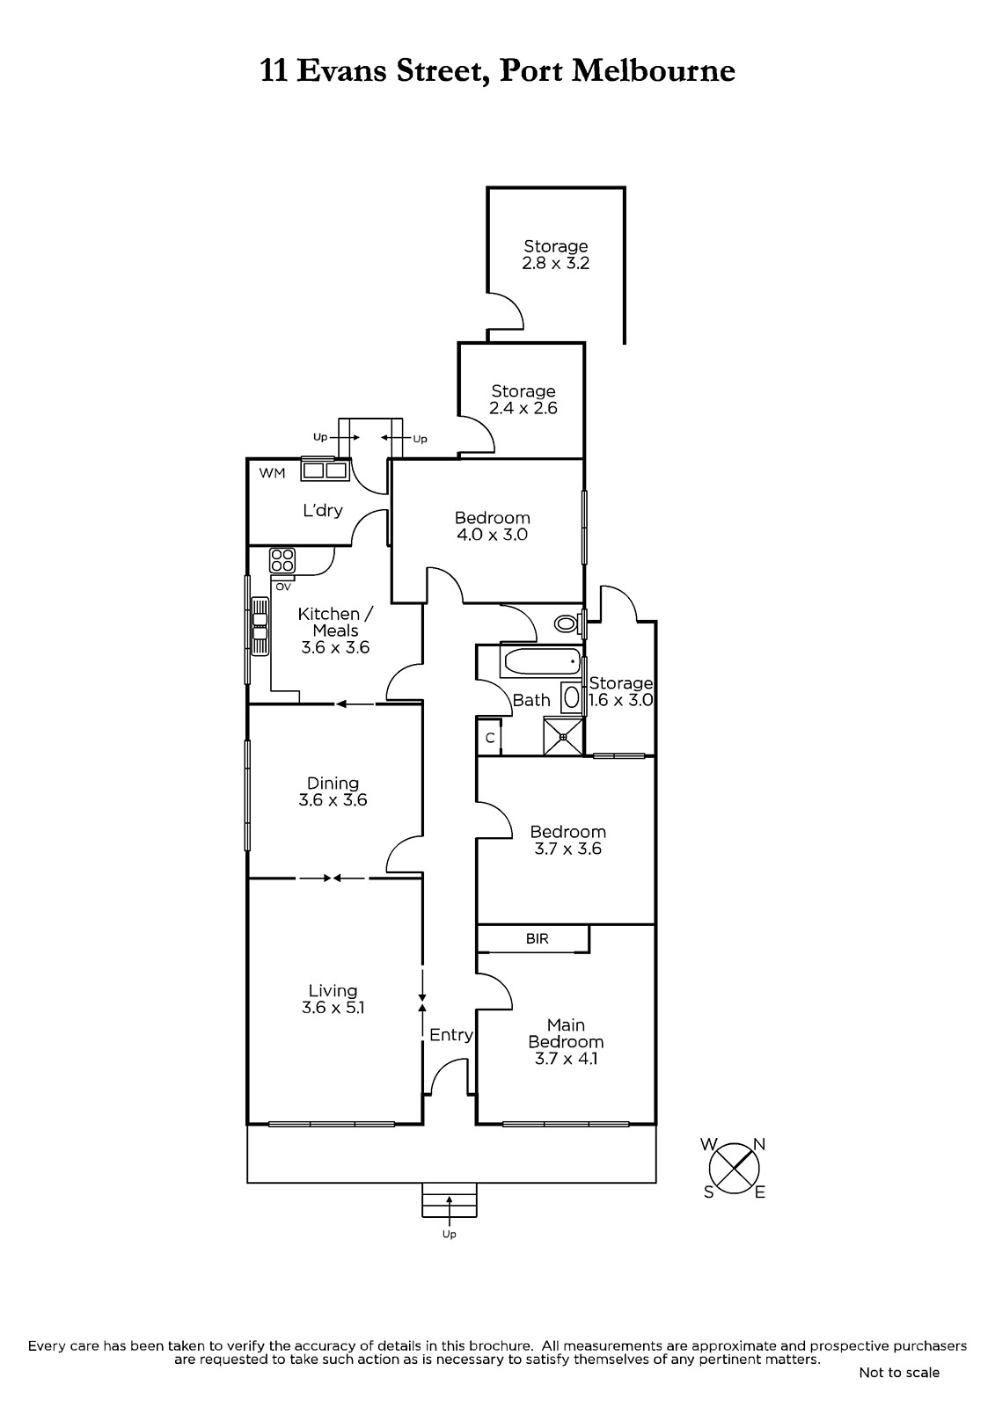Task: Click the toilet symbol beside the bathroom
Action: coord(567,623)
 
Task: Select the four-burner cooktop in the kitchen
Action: coord(282,560)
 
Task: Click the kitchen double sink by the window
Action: coord(260,626)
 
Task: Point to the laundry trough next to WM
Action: coord(325,470)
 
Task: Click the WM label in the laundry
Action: coord(272,474)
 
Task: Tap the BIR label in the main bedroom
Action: coord(537,939)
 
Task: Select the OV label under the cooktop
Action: coord(283,587)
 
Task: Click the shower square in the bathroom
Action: coord(563,737)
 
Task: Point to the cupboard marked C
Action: coord(490,738)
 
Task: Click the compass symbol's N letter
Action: coord(759,1144)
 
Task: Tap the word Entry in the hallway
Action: coord(450,1034)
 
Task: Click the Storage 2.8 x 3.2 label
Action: coord(556,254)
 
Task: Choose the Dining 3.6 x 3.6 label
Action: coord(333,791)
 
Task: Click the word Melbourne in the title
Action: coord(654,71)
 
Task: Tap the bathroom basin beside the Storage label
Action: coord(571,698)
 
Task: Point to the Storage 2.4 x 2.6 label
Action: coord(523,399)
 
